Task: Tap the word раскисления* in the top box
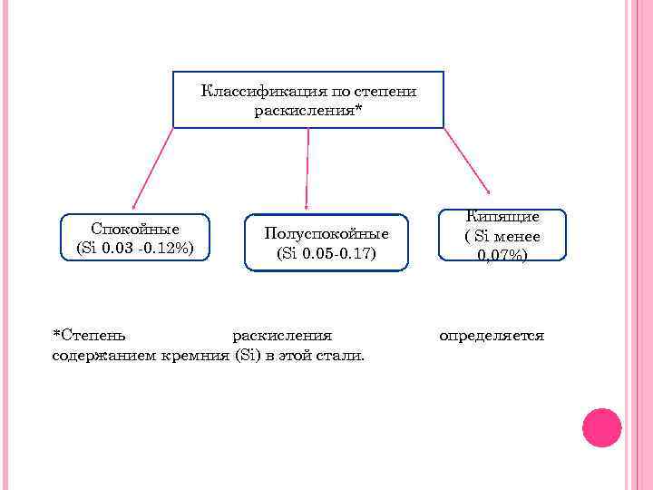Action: point(308,111)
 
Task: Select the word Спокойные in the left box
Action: point(135,229)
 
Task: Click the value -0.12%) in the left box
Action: point(166,247)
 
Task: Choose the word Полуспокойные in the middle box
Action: point(326,234)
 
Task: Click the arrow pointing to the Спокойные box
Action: point(152,169)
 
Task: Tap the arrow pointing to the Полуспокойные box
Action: point(307,169)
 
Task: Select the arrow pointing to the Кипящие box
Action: point(468,161)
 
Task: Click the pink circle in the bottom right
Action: point(601,427)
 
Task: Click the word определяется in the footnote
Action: point(492,336)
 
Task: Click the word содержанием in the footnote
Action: point(103,355)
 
